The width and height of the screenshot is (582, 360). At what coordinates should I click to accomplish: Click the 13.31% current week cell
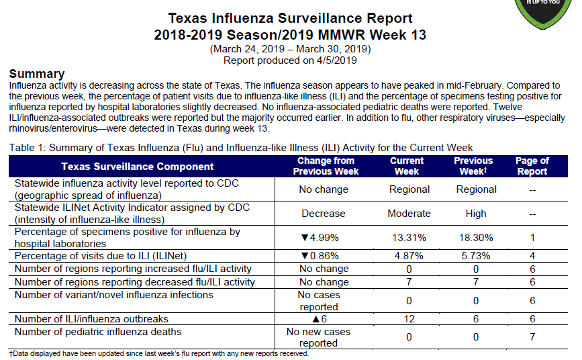tap(409, 238)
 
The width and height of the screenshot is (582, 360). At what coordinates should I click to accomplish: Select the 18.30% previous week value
tap(476, 238)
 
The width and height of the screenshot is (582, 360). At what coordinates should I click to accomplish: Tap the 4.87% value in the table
tap(409, 256)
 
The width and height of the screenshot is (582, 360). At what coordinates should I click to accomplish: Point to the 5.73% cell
tap(476, 256)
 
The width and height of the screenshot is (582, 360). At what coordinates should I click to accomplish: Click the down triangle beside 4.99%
tap(305, 238)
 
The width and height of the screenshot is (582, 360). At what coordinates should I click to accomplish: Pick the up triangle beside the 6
tap(316, 319)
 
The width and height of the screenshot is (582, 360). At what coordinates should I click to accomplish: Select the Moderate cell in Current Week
tap(409, 214)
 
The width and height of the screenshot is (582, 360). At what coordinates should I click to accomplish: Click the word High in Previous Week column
tap(476, 214)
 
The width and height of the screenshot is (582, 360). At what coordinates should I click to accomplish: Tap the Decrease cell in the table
tap(324, 214)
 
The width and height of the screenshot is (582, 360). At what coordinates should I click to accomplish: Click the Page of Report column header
tap(532, 166)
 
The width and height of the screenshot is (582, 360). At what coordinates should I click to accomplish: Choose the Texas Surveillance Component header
tap(138, 167)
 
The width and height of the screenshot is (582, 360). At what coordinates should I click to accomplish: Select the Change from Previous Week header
tap(326, 166)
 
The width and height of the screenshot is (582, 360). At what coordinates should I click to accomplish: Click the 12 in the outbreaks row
tap(409, 319)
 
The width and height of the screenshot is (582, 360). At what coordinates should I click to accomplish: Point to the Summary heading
tap(37, 74)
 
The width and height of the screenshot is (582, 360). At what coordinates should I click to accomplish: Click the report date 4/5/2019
tap(337, 60)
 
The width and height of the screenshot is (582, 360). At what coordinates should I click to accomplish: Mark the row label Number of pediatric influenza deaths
tap(98, 332)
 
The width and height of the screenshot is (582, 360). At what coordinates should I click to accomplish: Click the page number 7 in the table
tap(532, 337)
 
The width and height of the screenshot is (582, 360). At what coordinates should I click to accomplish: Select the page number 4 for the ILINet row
tap(532, 256)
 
